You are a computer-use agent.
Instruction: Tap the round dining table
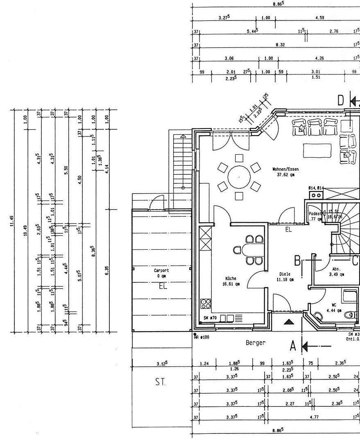239,177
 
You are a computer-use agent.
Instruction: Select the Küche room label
230,278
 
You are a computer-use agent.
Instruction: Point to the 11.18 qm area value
285,280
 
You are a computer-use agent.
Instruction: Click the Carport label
161,271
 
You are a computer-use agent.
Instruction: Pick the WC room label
334,305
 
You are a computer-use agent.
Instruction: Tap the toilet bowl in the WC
349,315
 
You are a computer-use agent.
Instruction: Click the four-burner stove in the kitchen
206,304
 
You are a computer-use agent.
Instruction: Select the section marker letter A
293,346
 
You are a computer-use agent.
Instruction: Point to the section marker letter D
341,100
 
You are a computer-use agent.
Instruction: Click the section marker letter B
298,260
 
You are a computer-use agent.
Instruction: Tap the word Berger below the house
256,343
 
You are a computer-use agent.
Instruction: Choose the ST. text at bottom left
161,382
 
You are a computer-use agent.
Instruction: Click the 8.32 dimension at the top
280,45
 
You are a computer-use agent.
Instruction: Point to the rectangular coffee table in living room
317,150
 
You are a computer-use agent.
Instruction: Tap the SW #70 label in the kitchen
210,318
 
